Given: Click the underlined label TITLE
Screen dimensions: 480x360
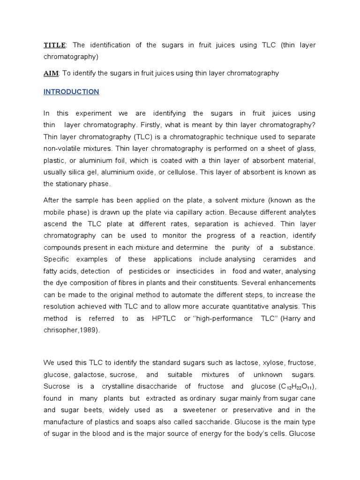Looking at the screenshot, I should point(55,45).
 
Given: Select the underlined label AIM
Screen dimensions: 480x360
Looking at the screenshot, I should point(51,73).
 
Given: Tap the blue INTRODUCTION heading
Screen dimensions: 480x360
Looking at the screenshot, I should point(71,92).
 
